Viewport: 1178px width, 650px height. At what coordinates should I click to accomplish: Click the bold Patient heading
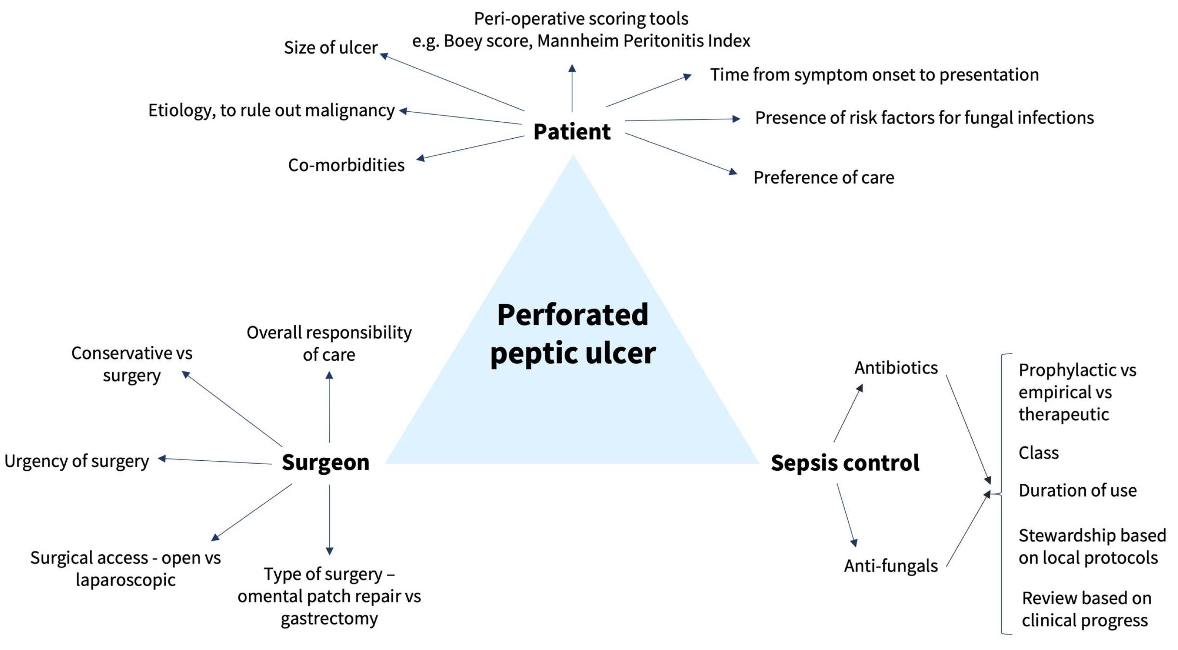tap(571, 132)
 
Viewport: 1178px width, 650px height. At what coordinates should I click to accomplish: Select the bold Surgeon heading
tap(325, 462)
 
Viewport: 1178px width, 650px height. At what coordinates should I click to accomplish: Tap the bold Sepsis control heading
tap(845, 462)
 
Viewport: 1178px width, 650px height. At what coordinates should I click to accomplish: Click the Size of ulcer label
tap(331, 48)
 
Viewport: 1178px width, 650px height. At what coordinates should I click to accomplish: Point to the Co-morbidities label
tap(346, 165)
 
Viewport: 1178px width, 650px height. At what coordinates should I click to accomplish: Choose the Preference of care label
tap(824, 177)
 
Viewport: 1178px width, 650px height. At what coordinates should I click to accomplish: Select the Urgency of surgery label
tap(76, 461)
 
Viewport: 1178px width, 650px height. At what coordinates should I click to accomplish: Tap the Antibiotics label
tap(896, 368)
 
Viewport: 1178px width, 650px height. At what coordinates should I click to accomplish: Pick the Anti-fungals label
tap(890, 566)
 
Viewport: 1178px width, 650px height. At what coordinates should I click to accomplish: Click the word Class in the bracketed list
tap(1038, 453)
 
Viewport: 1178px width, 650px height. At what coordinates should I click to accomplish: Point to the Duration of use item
tap(1077, 491)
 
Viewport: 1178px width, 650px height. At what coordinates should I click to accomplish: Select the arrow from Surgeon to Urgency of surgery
tap(215, 461)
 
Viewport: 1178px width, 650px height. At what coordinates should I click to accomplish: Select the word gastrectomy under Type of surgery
tap(329, 619)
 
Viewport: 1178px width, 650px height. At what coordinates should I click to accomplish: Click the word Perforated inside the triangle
tap(572, 315)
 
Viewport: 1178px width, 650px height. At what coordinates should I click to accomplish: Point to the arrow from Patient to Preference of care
tap(680, 153)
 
